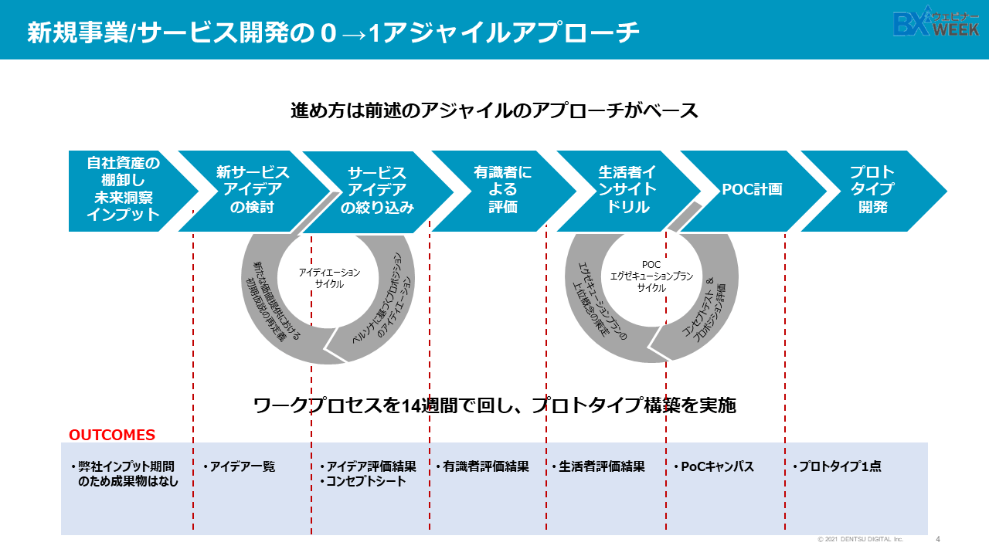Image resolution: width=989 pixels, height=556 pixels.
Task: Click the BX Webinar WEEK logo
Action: [x=936, y=24]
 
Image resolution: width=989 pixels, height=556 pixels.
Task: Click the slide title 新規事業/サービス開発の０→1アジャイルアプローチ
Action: [x=333, y=32]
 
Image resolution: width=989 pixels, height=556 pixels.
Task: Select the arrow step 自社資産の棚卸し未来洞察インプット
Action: [x=124, y=189]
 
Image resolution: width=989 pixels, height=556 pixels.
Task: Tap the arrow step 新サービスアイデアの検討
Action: [x=252, y=189]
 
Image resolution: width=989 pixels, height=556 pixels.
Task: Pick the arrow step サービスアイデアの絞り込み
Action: [x=378, y=189]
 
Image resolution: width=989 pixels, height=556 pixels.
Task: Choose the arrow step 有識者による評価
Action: [x=503, y=189]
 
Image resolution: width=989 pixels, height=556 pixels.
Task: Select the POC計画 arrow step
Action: [x=752, y=189]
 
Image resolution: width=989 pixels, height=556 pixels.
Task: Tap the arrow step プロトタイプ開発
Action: [x=872, y=189]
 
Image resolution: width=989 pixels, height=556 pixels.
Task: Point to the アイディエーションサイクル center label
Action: [x=329, y=278]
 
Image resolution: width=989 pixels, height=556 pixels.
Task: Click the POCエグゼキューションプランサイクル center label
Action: [x=651, y=276]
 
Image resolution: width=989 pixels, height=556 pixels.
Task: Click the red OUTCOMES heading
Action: [x=112, y=436]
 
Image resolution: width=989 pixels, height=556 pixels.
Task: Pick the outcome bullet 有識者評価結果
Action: [x=485, y=466]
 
